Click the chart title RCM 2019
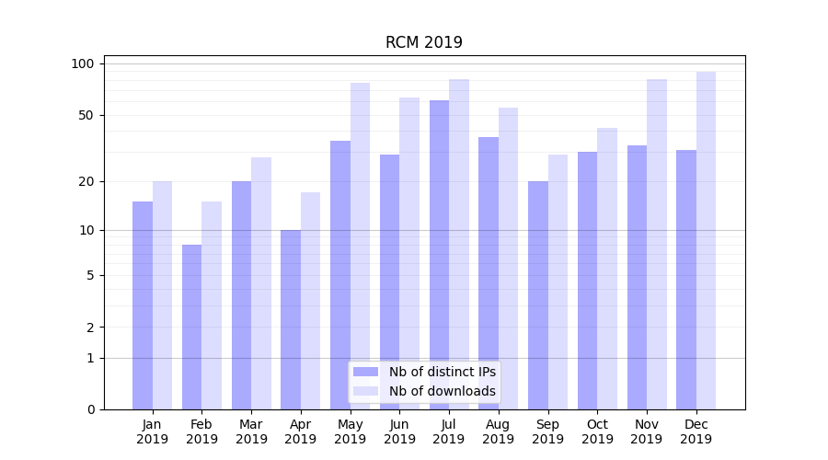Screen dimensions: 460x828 tap(423, 42)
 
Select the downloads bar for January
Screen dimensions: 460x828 tap(162, 295)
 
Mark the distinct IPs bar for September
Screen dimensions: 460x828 tap(538, 295)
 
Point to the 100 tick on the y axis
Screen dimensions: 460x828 tap(84, 63)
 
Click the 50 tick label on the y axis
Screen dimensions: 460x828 tap(86, 115)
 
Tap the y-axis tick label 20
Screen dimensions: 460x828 tap(86, 181)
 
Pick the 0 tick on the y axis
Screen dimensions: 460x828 tap(90, 409)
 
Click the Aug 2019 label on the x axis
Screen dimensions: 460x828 tap(499, 431)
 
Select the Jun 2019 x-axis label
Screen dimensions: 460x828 tap(399, 431)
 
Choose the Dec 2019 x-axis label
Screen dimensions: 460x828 tap(696, 431)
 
